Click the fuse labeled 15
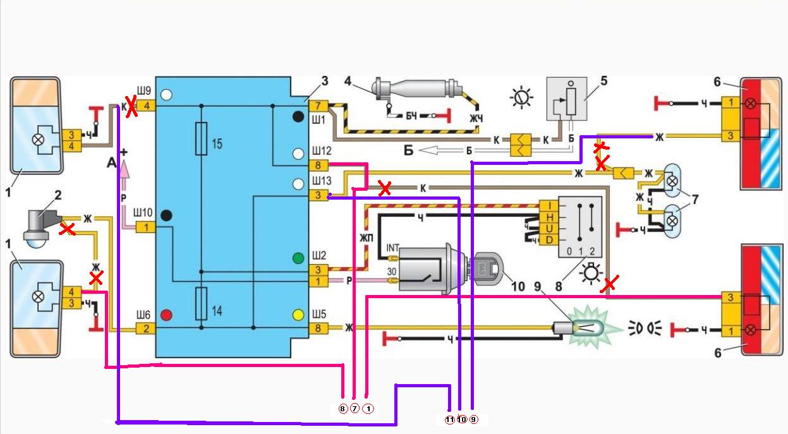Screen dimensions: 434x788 [x=201, y=138]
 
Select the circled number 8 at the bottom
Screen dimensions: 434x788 [x=343, y=409]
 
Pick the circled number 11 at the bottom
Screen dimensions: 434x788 [x=449, y=419]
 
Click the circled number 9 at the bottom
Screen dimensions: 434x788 [x=474, y=419]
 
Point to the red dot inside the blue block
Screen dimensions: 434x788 [x=167, y=315]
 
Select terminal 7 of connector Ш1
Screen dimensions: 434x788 [x=318, y=105]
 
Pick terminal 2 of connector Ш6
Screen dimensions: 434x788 [x=145, y=328]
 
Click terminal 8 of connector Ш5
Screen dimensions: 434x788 [x=318, y=328]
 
